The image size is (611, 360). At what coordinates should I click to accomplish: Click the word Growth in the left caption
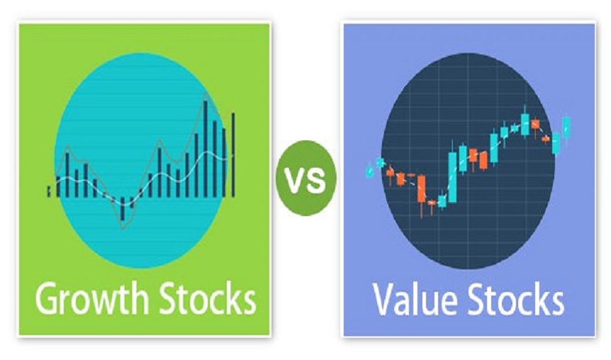pos(92,299)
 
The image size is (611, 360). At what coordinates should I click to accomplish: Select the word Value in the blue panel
pos(415,300)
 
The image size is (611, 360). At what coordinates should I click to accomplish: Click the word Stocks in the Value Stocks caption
pos(516,299)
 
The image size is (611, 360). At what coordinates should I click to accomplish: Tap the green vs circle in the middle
pos(306,178)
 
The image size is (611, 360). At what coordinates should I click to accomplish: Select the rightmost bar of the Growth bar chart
pos(233,155)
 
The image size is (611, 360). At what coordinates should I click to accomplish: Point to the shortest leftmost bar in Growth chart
pos(49,191)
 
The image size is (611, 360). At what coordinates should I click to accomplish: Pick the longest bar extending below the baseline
pos(123,209)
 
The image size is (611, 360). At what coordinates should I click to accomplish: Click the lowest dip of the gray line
pos(123,229)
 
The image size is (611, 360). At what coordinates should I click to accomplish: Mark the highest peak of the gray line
pos(206,94)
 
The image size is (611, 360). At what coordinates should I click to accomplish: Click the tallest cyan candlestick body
pos(452,178)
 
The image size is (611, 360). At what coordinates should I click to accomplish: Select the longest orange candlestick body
pos(421,189)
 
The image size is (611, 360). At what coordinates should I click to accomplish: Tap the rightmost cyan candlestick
pos(566,127)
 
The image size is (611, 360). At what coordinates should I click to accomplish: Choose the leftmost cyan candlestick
pos(370,171)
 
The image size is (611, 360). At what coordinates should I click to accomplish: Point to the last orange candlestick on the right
pos(546,139)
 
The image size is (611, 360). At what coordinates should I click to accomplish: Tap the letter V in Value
pos(383,300)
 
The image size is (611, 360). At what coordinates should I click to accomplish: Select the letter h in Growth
pos(140,298)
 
